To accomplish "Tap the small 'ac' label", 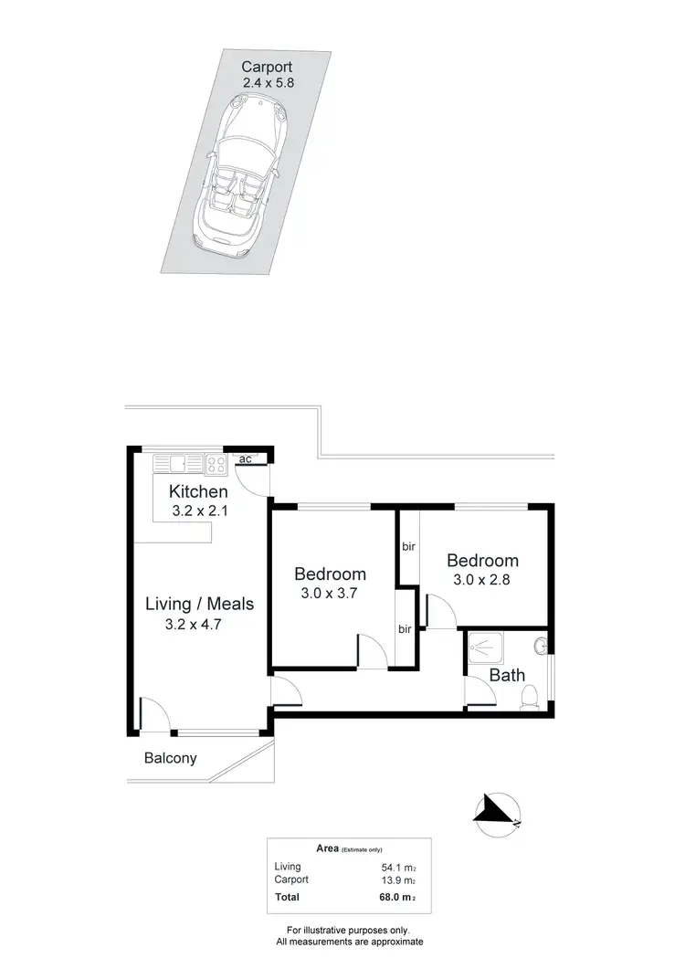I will click(245, 459).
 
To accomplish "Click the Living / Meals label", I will click(200, 604).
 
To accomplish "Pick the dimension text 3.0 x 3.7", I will click(330, 595).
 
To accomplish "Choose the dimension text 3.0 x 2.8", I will click(482, 579).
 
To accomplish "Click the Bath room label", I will click(507, 677).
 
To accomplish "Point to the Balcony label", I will click(171, 758).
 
